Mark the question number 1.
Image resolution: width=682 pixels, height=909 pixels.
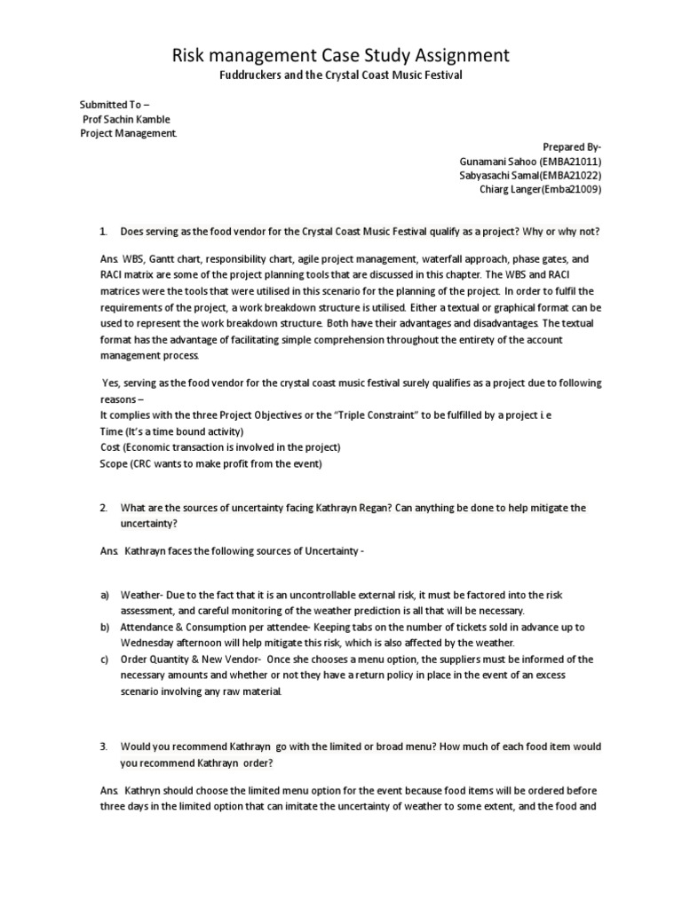[x=104, y=232]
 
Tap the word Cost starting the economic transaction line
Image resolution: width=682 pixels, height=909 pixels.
[x=110, y=447]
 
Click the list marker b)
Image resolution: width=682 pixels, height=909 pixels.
[x=105, y=627]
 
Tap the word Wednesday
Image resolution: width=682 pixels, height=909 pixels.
[x=151, y=643]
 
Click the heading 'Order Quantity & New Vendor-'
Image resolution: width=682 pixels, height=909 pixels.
[x=186, y=660]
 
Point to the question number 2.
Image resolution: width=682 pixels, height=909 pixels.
[x=104, y=508]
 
